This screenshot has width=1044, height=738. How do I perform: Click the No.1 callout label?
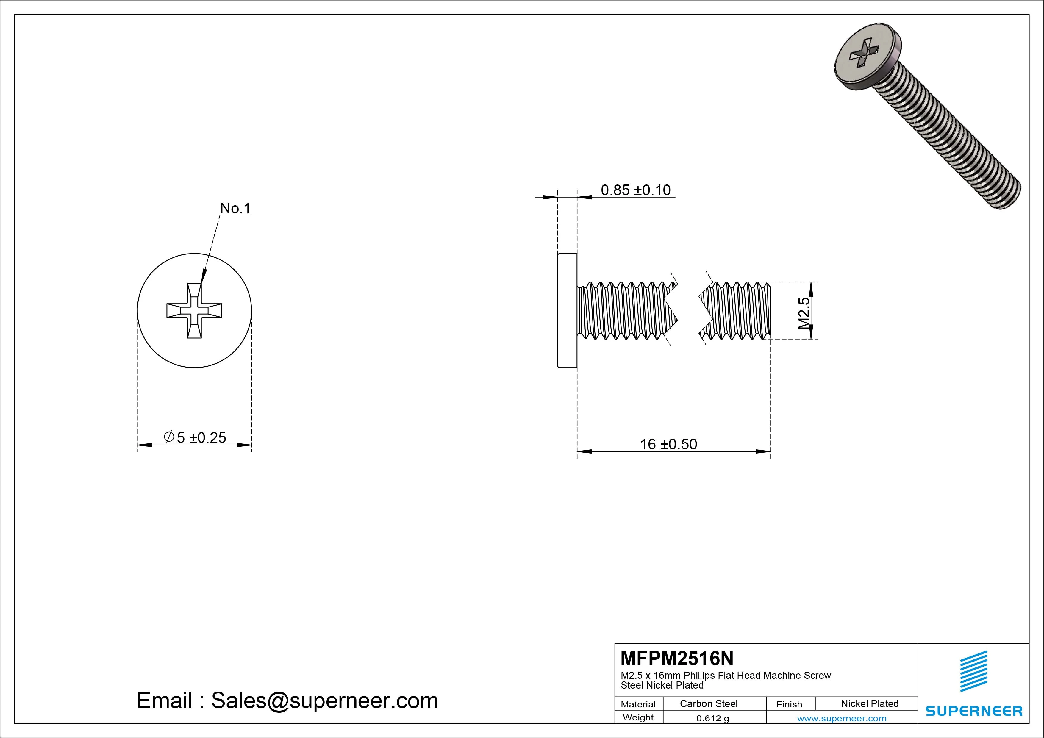pyautogui.click(x=235, y=208)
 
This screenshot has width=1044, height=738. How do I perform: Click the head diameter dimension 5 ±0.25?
pyautogui.click(x=195, y=437)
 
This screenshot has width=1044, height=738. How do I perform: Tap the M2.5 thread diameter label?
pyautogui.click(x=804, y=313)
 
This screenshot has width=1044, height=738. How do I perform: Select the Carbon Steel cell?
pyautogui.click(x=708, y=703)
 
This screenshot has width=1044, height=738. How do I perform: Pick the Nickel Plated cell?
pyautogui.click(x=869, y=703)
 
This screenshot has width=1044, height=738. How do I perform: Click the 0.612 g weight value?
pyautogui.click(x=712, y=718)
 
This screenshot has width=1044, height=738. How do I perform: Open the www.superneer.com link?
pyautogui.click(x=842, y=718)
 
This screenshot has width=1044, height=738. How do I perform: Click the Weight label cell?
pyautogui.click(x=638, y=717)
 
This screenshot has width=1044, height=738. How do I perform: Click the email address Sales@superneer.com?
pyautogui.click(x=324, y=700)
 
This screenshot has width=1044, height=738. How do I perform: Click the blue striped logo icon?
pyautogui.click(x=973, y=671)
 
